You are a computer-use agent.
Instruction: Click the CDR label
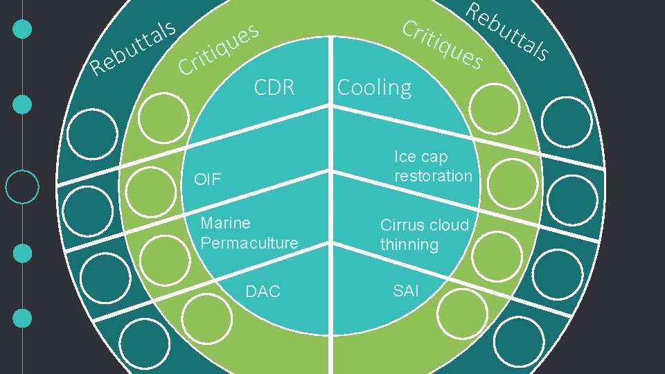pos(274,88)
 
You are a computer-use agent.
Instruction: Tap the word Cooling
pos(374,88)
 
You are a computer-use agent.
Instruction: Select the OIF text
pos(208,180)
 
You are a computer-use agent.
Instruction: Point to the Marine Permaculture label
pos(249,233)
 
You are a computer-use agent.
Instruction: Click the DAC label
pos(263,292)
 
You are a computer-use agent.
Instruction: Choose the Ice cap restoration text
pos(433,166)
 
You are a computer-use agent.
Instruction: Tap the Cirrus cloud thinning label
pos(424,235)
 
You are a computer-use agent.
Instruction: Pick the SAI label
pos(406,290)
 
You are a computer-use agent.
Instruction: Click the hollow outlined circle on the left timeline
pos(22,187)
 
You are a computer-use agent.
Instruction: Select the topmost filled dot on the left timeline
pos(23,29)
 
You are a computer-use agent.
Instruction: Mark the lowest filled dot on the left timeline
pos(23,318)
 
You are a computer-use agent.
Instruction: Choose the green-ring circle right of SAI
pos(461,310)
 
